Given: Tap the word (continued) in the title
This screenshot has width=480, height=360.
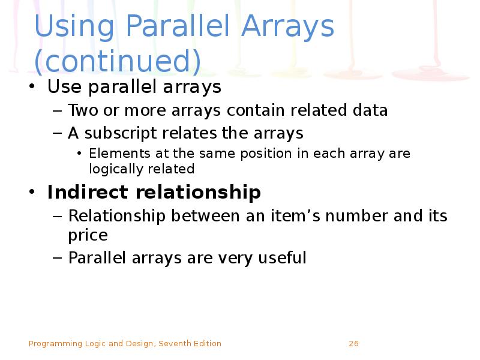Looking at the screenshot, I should coord(117,61).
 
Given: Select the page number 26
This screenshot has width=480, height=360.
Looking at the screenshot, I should coord(353,344).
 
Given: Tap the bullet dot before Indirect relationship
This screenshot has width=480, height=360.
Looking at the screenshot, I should coord(32,193).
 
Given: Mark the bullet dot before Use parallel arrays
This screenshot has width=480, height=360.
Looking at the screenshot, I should coord(32,88).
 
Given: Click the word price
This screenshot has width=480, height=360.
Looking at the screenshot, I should coord(88,235).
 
